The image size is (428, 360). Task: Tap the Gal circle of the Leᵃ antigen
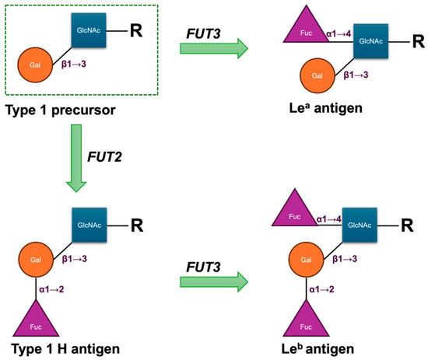coord(315,77)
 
